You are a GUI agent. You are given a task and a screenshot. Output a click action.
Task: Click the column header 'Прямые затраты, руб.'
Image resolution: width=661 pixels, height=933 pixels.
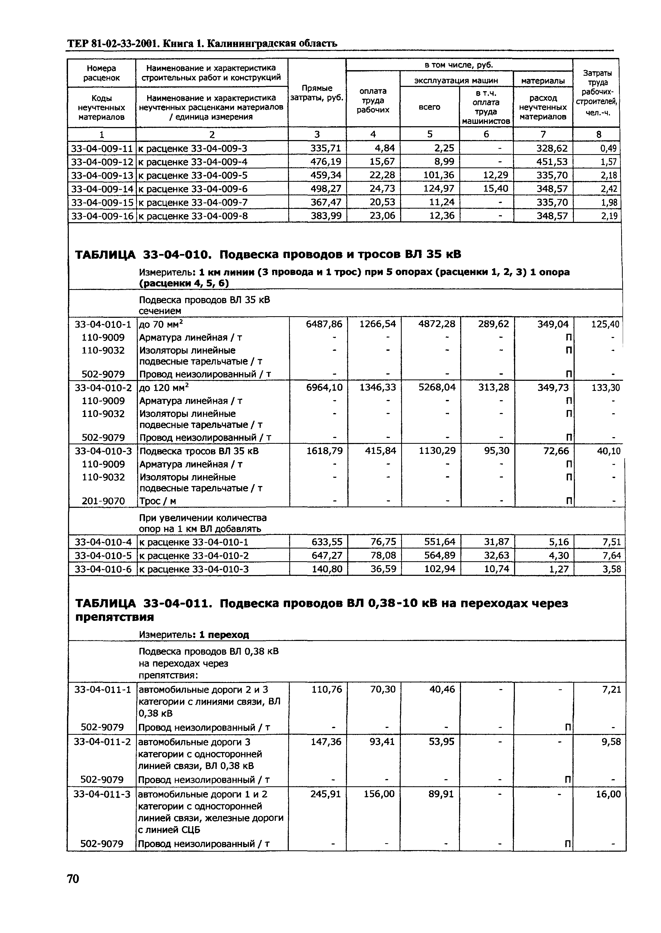click(x=317, y=93)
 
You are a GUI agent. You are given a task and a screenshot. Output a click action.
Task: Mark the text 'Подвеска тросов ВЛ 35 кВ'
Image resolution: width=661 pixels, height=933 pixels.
click(x=199, y=451)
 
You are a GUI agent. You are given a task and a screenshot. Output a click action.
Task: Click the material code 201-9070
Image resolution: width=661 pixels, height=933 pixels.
click(x=103, y=501)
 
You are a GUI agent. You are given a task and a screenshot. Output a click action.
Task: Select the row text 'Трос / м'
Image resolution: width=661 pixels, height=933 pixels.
click(x=158, y=501)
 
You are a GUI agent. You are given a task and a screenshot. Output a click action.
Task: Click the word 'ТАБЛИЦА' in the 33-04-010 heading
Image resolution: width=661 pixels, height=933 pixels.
click(x=105, y=255)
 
